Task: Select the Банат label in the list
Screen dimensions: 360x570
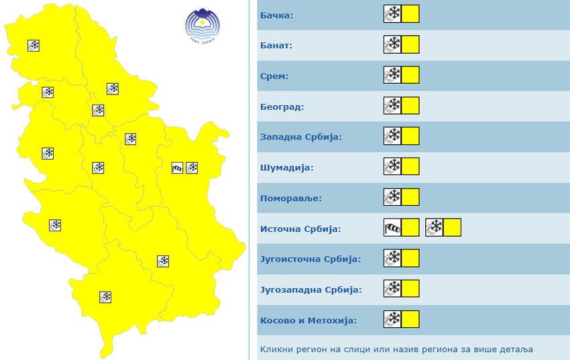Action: [276, 45]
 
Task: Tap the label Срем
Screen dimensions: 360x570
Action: [274, 76]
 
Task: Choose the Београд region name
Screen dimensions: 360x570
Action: [282, 107]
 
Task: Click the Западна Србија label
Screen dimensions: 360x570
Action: [301, 137]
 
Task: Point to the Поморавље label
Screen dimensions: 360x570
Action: [291, 198]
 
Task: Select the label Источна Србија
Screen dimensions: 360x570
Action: [300, 229]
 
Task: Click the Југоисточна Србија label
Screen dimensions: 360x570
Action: [310, 259]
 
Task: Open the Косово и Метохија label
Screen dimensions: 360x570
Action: [308, 320]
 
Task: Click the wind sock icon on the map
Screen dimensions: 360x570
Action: [177, 168]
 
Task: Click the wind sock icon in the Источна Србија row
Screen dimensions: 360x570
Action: [392, 228]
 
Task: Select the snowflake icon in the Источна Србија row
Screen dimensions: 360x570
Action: [435, 228]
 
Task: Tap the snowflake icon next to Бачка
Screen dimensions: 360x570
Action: [392, 14]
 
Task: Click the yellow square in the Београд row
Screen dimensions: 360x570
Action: [410, 106]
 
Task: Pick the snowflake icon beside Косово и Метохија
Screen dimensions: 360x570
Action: [392, 320]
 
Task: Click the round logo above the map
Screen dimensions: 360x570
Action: [202, 25]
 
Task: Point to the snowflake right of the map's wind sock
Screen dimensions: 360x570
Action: [192, 168]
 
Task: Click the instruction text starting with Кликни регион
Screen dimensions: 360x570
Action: [397, 350]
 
